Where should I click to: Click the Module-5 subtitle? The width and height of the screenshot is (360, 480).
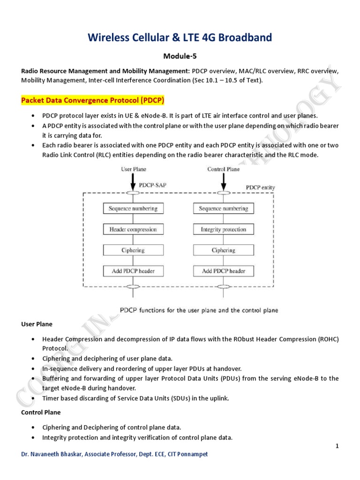click(180, 56)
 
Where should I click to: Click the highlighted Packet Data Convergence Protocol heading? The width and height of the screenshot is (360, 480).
click(92, 101)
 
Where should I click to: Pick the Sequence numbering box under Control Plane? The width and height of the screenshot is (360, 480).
click(223, 209)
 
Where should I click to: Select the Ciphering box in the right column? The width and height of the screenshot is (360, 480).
click(223, 250)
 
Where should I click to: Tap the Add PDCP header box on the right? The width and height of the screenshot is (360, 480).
click(223, 271)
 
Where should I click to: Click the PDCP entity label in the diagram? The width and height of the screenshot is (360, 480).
click(261, 187)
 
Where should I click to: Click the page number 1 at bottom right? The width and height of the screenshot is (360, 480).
click(337, 446)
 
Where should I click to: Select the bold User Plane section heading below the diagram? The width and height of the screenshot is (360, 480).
click(37, 324)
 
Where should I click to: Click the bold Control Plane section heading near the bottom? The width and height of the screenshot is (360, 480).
click(41, 412)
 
